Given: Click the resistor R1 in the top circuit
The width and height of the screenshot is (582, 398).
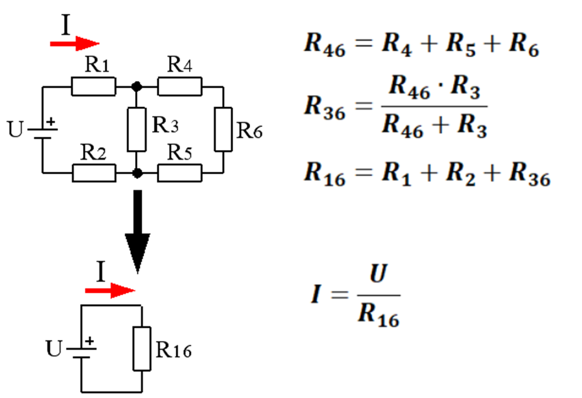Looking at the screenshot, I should coord(93,87).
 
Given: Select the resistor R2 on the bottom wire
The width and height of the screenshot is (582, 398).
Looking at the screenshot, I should coord(93,173).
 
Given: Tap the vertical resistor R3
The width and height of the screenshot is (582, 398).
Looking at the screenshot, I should coord(137,129).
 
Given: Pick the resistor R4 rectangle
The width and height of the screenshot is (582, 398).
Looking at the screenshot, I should coord(180,87).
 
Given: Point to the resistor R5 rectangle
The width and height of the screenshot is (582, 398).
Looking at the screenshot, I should coord(180,173).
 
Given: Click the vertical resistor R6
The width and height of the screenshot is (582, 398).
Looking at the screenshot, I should coord(223,129).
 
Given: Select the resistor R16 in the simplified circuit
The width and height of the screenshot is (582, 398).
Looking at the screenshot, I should coord(142,348).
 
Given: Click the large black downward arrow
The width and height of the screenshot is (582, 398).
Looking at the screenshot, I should coord(137,233).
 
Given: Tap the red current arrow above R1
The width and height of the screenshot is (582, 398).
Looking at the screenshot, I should coord(74,44).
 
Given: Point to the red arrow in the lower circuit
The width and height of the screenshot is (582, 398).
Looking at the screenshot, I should coord(109,291).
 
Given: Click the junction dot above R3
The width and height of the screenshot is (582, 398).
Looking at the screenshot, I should coord(137,87).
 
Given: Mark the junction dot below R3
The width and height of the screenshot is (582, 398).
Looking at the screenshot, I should coord(137,173).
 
